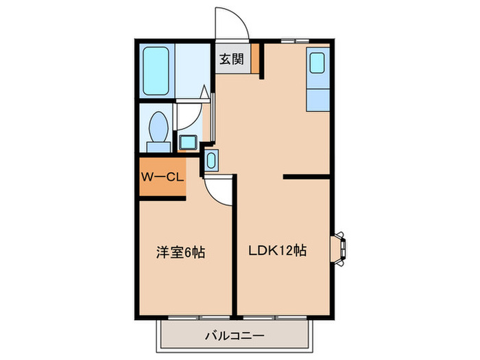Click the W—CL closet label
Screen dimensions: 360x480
point(162,177)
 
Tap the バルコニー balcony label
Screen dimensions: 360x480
point(235,336)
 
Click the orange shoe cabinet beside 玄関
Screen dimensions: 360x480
point(255,58)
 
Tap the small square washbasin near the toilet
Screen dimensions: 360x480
point(187,143)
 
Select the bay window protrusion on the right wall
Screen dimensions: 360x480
point(339,248)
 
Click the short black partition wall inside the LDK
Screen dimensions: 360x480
point(309,177)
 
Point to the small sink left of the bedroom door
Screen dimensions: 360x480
point(211,161)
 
